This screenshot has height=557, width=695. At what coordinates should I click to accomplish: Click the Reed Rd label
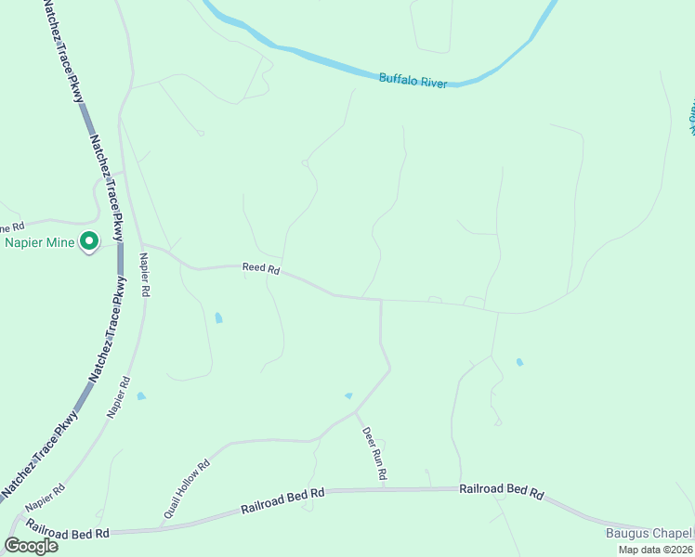coord(261,268)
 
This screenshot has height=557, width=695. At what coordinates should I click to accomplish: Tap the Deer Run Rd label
coord(374,453)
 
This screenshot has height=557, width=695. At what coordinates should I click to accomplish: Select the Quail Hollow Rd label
coord(187,487)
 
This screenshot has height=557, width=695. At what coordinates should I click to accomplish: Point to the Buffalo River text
coord(413,81)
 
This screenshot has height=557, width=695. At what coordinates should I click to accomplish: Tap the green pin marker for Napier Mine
coord(89,241)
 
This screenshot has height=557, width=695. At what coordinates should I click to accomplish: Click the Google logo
coord(31,546)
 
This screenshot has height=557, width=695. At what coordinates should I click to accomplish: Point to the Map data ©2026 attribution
coord(655,550)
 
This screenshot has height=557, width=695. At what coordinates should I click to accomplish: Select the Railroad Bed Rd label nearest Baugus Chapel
coord(501,491)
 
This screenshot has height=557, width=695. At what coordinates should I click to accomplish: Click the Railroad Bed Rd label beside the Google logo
coord(68,528)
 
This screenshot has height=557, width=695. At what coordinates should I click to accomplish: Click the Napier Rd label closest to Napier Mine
coord(144,274)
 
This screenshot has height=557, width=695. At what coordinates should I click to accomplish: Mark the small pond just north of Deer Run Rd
coord(349,396)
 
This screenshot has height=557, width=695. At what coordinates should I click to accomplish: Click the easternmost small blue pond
coord(519,362)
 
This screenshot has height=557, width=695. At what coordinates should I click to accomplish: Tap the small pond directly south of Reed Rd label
coord(218,317)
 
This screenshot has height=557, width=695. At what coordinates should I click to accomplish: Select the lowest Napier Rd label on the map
coord(45,498)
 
